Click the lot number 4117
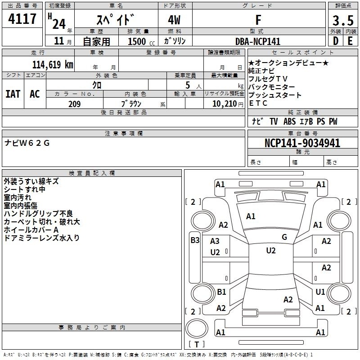pyautogui.click(x=22, y=19)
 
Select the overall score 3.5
pyautogui.click(x=343, y=20)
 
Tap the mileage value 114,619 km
pyautogui.click(x=53, y=65)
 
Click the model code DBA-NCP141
pyautogui.click(x=258, y=41)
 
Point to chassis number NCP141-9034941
pyautogui.click(x=302, y=143)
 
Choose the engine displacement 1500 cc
pyautogui.click(x=141, y=41)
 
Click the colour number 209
pyautogui.click(x=74, y=104)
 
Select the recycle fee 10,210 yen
pyautogui.click(x=228, y=104)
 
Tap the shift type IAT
pyautogui.click(x=13, y=94)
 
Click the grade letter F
pyautogui.click(x=258, y=20)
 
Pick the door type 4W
pyautogui.click(x=174, y=20)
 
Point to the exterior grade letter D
pyautogui.click(x=336, y=41)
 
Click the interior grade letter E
pyautogui.click(x=350, y=41)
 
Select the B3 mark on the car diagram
pyautogui.click(x=195, y=240)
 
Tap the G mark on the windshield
pyautogui.click(x=284, y=237)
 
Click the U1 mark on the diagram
pyautogui.click(x=320, y=292)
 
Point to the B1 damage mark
pyautogui.click(x=221, y=292)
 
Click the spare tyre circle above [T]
pyautogui.click(x=197, y=328)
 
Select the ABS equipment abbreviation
pyautogui.click(x=289, y=121)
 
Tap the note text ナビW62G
pyautogui.click(x=27, y=143)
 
